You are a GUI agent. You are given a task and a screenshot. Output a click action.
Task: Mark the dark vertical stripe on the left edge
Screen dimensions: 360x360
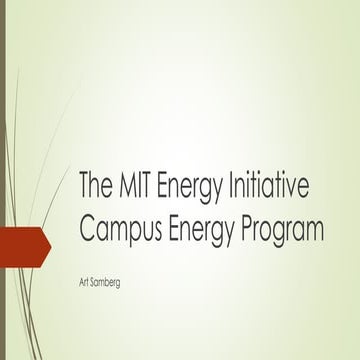click(x=3, y=180)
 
